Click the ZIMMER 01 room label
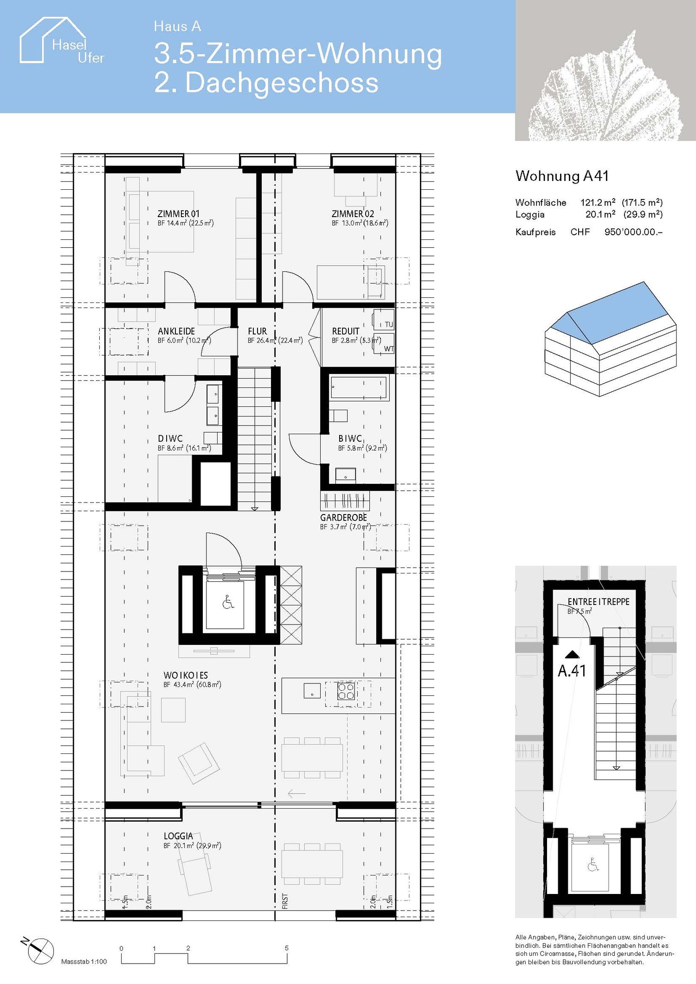tap(179, 214)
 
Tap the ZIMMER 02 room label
tap(353, 214)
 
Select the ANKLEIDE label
tap(176, 331)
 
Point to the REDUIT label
tap(346, 331)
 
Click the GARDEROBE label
tap(343, 518)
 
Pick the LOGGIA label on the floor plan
tap(178, 836)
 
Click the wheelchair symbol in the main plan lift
tap(228, 603)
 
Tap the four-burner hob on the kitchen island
tap(346, 691)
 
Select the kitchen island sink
tap(312, 691)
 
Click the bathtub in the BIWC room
tap(359, 388)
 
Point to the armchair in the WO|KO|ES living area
tap(199, 761)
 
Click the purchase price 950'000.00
tap(633, 232)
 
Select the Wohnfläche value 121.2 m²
tap(598, 202)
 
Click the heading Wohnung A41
tap(562, 176)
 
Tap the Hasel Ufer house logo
tap(60, 42)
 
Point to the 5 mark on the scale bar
tap(287, 948)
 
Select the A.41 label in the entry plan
tap(572, 671)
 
